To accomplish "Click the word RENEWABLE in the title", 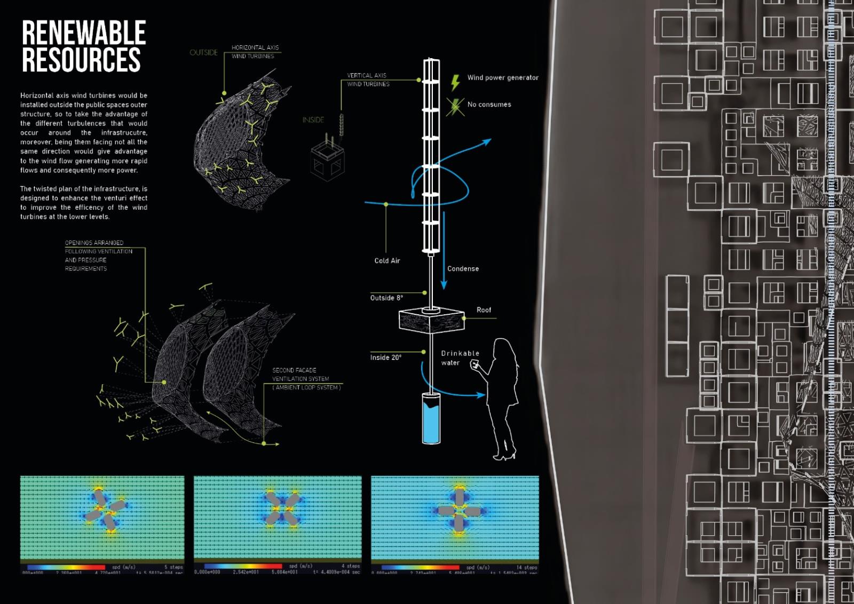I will pos(84,33).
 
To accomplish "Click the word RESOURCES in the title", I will pos(81,60).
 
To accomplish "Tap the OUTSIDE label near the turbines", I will pos(203,52).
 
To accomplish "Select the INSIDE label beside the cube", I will pos(313,120).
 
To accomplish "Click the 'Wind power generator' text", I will pos(503,78).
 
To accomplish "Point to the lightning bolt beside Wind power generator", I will pos(455,82).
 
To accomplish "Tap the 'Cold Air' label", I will pos(387,261).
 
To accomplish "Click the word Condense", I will pos(463,269).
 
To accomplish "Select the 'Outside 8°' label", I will pos(386,298).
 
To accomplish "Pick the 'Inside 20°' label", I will pos(385,357).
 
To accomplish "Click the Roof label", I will pos(484,310).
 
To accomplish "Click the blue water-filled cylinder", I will pos(431,422).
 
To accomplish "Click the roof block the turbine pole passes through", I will pos(431,321).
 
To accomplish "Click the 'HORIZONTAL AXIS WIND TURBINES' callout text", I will pos(255,52).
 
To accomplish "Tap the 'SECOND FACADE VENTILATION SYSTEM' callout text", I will pos(305,379).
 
